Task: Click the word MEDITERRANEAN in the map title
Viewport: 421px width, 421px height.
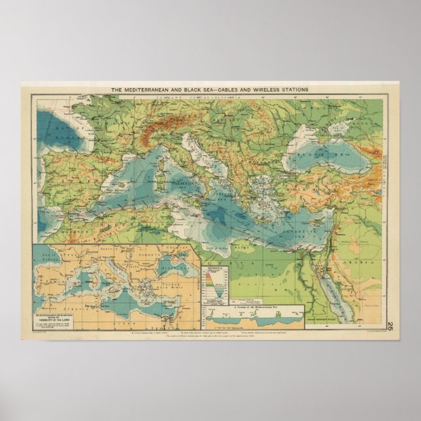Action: point(155,89)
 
